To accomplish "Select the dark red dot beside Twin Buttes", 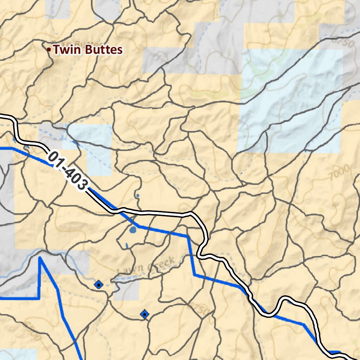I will tap(49, 50).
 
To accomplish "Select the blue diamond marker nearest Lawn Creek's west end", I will tap(98, 284).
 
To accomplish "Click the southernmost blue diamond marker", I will tap(144, 314).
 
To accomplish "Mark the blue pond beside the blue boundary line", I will tap(133, 230).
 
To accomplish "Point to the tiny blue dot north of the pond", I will tap(138, 195).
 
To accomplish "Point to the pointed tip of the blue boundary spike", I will tap(40, 258).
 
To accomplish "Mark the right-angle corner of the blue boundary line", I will tap(38, 298).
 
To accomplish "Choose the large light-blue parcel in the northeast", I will tap(292, 102).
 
